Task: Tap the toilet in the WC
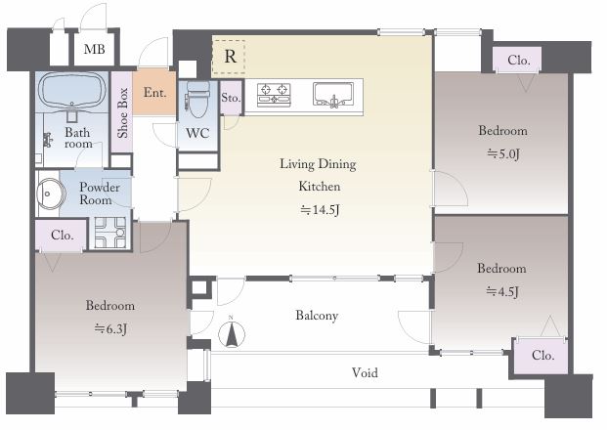(x=198, y=99)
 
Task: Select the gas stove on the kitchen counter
(x=274, y=95)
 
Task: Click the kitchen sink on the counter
(x=333, y=95)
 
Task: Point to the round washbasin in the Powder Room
(x=51, y=193)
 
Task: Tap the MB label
(x=95, y=49)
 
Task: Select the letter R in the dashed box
(x=230, y=57)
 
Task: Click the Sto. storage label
(x=231, y=97)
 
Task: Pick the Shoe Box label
(x=123, y=112)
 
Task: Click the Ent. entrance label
(x=154, y=92)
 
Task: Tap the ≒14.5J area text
(x=320, y=210)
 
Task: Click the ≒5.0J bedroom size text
(x=502, y=154)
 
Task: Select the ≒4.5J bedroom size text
(x=502, y=291)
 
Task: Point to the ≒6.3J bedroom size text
(x=110, y=329)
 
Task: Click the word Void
(x=365, y=372)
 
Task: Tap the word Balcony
(x=317, y=316)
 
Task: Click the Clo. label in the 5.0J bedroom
(x=519, y=60)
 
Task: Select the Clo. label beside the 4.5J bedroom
(x=542, y=355)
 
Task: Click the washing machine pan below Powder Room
(x=110, y=233)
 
